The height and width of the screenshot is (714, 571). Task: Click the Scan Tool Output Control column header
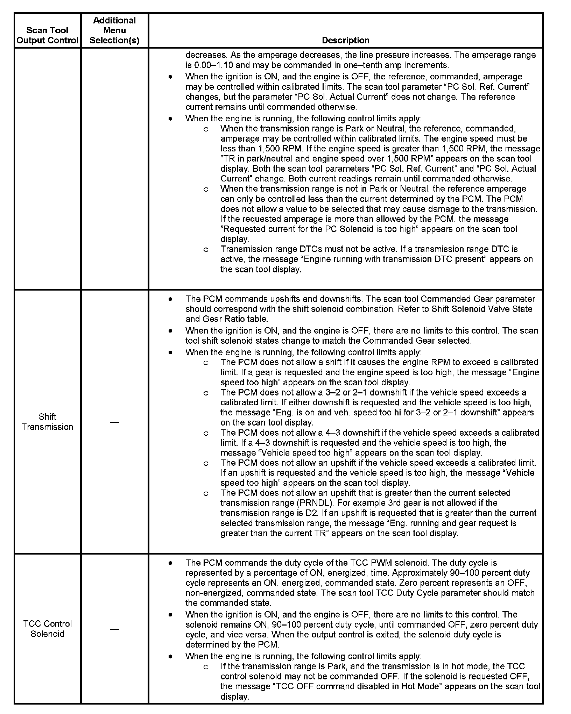[x=47, y=35]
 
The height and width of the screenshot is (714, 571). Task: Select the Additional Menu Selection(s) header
[x=114, y=30]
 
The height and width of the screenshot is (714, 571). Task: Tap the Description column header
[x=345, y=40]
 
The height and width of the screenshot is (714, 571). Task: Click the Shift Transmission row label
[x=47, y=422]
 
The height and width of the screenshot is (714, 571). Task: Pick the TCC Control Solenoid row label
[x=47, y=638]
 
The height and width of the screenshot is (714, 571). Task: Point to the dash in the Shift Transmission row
[x=114, y=422]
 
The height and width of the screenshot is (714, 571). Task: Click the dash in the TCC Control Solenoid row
[x=114, y=639]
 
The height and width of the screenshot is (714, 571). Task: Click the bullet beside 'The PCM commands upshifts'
[x=170, y=299]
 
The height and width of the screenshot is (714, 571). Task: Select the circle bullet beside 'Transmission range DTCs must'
[x=206, y=249]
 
